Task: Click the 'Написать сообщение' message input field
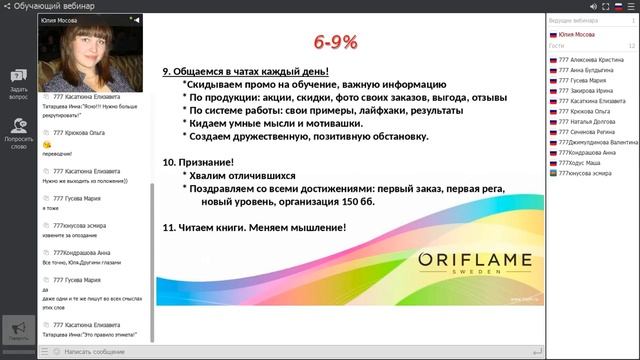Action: pos(95,352)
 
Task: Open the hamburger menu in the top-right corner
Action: pos(630,5)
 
